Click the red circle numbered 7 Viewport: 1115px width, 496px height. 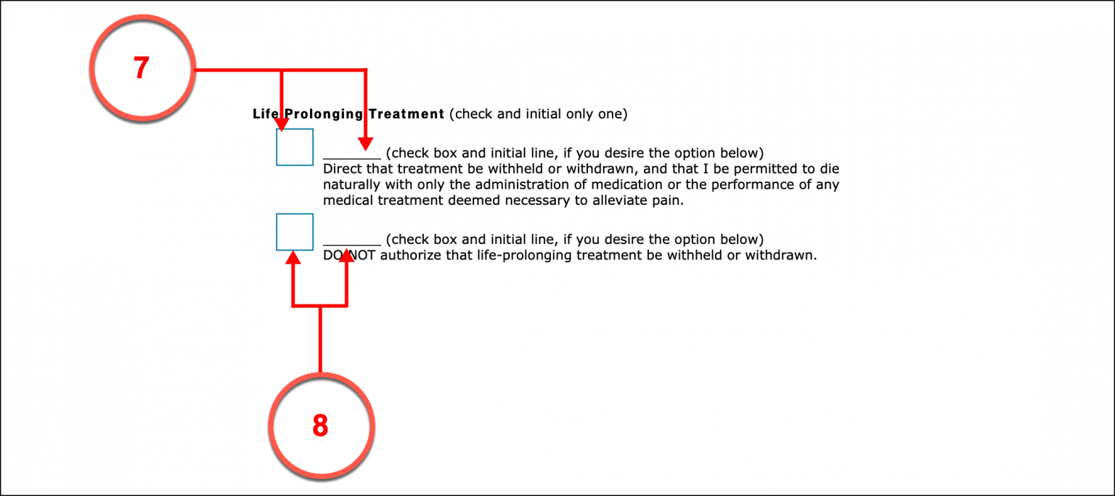[x=142, y=69]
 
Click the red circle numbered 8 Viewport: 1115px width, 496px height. [x=320, y=426]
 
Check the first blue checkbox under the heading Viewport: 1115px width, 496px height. [x=295, y=147]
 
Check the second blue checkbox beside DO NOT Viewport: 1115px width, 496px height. [x=295, y=232]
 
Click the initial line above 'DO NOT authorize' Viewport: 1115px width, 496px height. [x=351, y=242]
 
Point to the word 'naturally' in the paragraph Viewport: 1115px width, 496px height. [x=351, y=184]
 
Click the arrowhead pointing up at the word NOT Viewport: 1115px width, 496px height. [x=347, y=256]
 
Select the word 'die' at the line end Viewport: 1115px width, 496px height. [x=830, y=169]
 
